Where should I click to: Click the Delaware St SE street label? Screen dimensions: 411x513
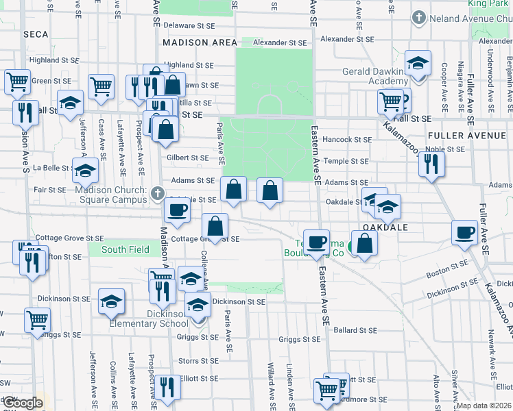[189, 25]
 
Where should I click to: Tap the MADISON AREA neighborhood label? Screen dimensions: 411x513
[190, 42]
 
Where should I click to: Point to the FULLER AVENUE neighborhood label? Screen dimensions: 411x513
[468, 136]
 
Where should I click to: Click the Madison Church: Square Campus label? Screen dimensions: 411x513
[111, 195]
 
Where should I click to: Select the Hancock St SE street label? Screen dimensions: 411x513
[347, 139]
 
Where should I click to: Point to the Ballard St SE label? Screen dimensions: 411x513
[355, 330]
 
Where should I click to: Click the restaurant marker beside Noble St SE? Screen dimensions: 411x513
[431, 164]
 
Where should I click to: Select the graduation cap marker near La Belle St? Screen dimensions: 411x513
[86, 171]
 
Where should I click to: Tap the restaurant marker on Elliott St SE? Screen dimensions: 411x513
[167, 387]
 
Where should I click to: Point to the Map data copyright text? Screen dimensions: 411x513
[483, 406]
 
